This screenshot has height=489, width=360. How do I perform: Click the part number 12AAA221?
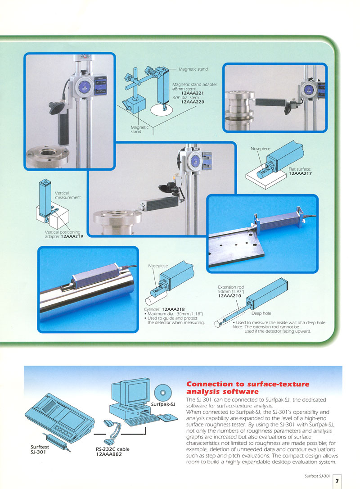point(192,93)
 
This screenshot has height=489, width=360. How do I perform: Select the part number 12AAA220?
point(193,102)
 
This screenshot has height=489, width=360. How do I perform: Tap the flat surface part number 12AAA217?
point(300,173)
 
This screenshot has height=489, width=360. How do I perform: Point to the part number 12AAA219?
point(72,236)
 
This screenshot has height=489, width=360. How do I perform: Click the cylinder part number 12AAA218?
point(173,309)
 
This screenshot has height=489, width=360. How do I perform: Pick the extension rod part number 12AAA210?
point(229,296)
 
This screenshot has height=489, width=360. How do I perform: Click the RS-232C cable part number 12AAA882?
point(108,454)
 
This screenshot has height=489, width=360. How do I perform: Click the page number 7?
point(337,481)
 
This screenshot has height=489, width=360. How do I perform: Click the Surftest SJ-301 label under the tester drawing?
point(40,449)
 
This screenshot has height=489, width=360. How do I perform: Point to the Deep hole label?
point(261,313)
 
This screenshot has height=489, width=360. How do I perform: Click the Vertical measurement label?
point(67,195)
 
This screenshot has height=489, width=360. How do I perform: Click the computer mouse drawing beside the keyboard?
point(167,417)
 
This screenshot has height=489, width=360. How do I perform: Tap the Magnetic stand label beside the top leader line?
point(193,69)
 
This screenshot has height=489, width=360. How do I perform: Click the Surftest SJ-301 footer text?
point(318,476)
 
